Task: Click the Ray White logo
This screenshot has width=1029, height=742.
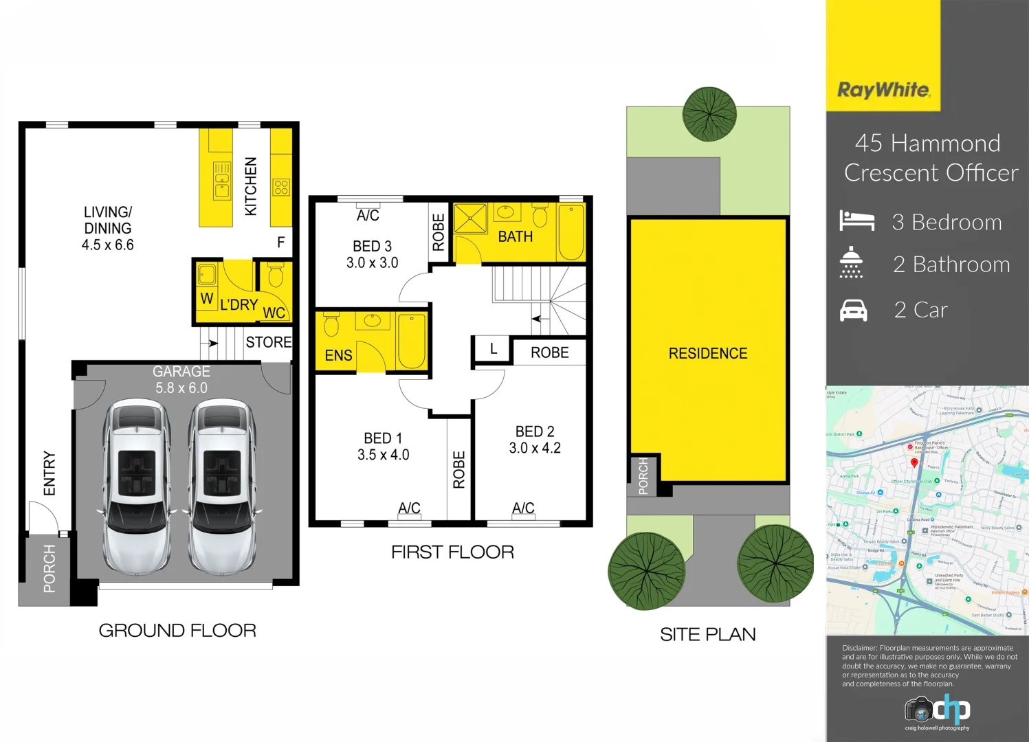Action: (x=883, y=90)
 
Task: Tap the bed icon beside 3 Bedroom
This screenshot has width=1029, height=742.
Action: (x=856, y=221)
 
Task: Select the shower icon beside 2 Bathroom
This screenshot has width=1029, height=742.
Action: (x=851, y=262)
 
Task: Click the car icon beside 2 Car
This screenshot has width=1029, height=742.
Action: (x=854, y=311)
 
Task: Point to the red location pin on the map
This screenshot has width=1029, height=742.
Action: (x=914, y=463)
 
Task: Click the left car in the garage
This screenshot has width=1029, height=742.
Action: (x=137, y=486)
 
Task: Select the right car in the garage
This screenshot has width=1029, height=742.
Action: (x=222, y=486)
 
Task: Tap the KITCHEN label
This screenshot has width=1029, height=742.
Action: (x=251, y=186)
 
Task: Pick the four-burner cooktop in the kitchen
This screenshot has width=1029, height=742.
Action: (x=281, y=187)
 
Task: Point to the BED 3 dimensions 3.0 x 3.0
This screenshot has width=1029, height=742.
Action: (x=372, y=262)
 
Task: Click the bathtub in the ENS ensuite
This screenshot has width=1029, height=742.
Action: (x=411, y=341)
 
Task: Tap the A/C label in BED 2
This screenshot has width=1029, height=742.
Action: (x=523, y=508)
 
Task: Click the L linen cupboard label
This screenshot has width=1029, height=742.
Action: (x=493, y=349)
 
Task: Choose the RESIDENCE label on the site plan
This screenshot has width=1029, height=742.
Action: (x=707, y=353)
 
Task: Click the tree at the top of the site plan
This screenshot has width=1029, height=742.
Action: (x=709, y=114)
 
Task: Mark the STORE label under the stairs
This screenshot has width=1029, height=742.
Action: (x=268, y=342)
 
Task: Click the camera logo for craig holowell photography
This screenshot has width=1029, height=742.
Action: (x=918, y=709)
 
